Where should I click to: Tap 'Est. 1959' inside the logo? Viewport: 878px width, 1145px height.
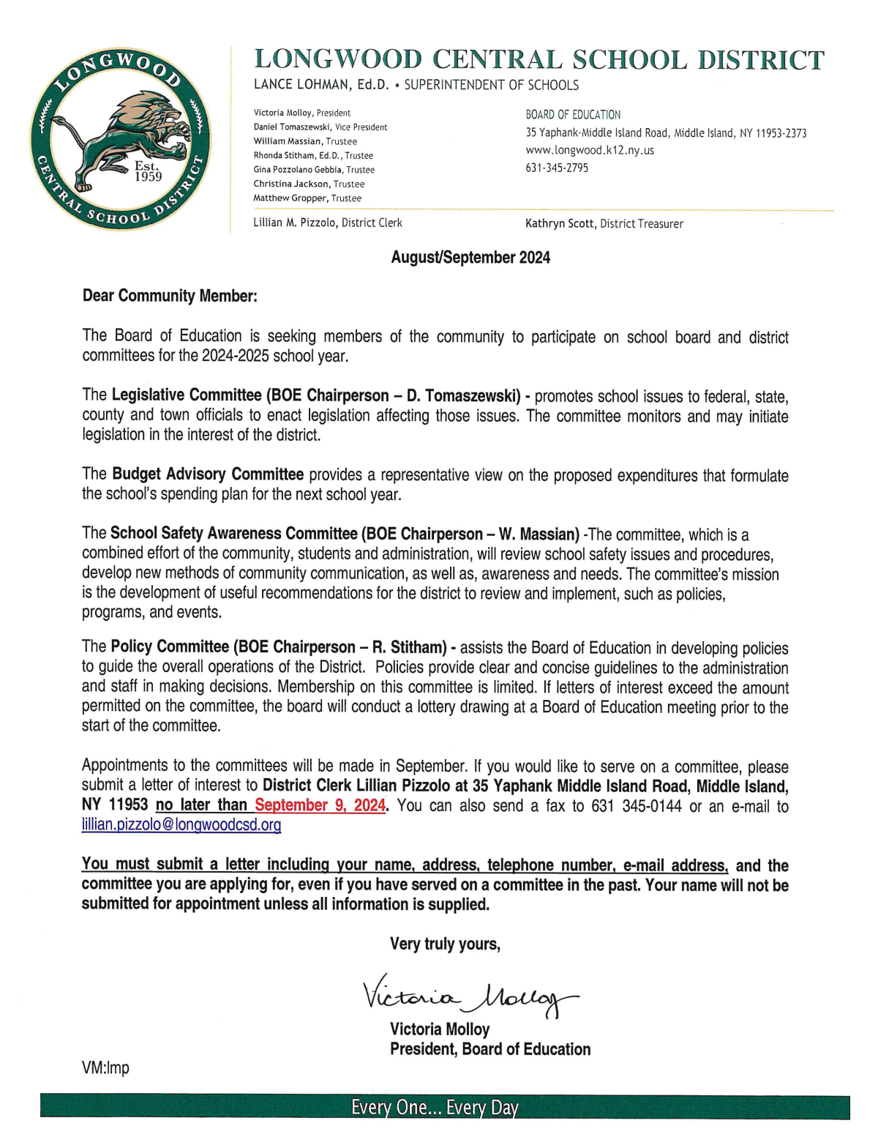(x=148, y=172)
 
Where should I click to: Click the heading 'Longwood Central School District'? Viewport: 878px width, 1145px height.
(x=539, y=60)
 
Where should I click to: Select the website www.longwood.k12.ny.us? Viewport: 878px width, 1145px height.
(x=590, y=150)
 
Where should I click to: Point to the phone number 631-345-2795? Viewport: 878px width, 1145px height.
(x=556, y=168)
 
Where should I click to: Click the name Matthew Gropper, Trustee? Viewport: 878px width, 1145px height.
(x=307, y=198)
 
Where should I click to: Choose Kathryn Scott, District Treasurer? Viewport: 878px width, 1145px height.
(x=604, y=224)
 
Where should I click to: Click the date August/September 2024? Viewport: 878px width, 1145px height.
(x=470, y=258)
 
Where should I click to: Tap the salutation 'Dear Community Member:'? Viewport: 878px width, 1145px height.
(x=170, y=296)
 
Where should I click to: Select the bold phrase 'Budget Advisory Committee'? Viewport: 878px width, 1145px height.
(x=208, y=474)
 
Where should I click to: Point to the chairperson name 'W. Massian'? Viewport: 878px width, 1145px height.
(x=539, y=534)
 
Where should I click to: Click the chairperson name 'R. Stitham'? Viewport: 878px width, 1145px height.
(x=408, y=647)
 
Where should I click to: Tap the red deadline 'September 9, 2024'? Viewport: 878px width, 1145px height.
(x=320, y=805)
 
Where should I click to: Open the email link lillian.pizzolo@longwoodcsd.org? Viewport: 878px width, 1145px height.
(x=181, y=825)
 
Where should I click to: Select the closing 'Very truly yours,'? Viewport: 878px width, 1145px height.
(x=445, y=944)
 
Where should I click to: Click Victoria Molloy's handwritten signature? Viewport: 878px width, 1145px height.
(x=468, y=994)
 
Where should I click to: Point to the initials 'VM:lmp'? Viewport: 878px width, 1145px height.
(x=105, y=1067)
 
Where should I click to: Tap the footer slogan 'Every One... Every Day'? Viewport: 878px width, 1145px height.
(x=435, y=1108)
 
